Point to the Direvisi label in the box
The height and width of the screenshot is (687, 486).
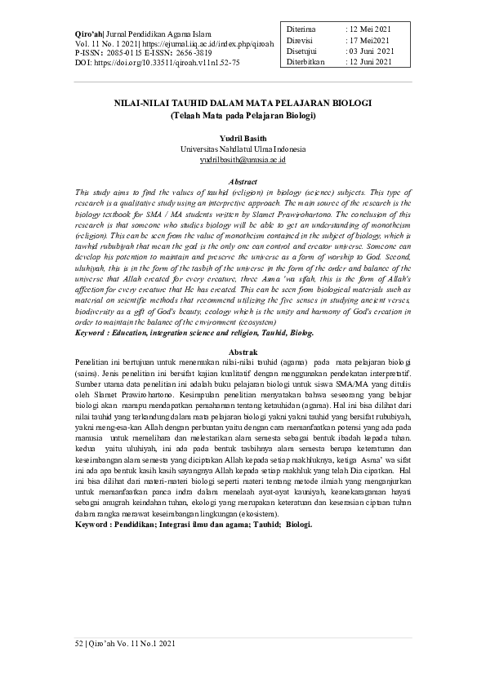click(x=300, y=40)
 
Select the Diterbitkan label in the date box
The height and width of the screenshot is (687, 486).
click(x=305, y=60)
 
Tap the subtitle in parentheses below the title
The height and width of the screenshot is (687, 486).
click(x=243, y=116)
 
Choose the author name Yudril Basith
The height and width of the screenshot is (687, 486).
click(x=243, y=140)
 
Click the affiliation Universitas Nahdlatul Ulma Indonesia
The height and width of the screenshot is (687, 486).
click(x=243, y=150)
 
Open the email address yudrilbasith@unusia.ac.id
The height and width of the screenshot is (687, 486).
click(x=243, y=161)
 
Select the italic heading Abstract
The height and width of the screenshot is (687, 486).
click(x=243, y=181)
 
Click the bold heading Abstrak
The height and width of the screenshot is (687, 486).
click(x=243, y=350)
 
